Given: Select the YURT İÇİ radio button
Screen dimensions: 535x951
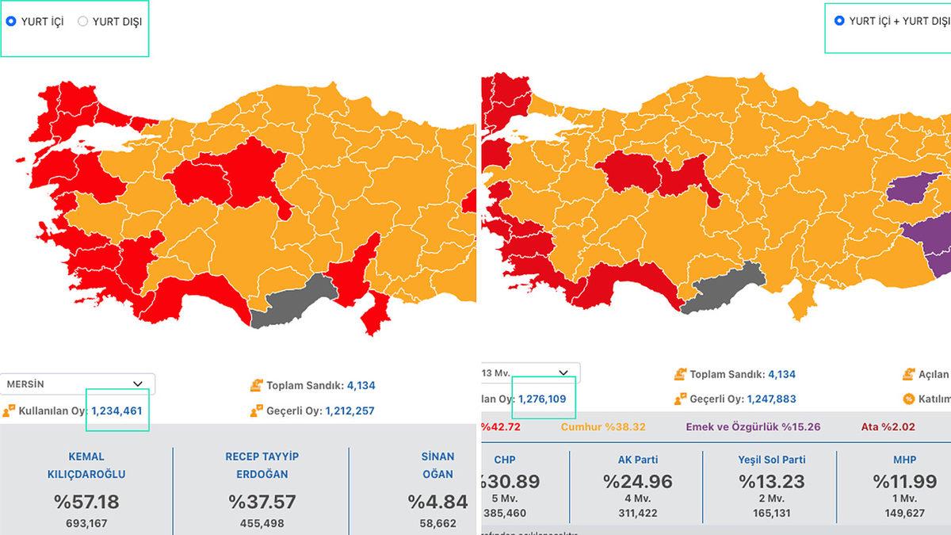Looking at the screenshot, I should (x=11, y=21).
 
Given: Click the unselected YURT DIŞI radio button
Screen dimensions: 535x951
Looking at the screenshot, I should (x=82, y=21).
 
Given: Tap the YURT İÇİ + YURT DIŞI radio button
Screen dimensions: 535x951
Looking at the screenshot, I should (x=839, y=21).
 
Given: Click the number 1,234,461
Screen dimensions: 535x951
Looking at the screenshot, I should (x=116, y=411).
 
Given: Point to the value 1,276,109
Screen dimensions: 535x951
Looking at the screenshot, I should (x=542, y=399).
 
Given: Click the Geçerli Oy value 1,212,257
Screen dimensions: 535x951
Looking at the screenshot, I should (x=349, y=411).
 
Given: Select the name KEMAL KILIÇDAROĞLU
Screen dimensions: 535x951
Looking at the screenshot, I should (x=86, y=465).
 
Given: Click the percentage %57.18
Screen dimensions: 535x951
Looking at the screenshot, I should (x=86, y=502).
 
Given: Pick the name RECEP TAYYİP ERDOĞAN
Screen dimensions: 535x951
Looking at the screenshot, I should (x=262, y=465).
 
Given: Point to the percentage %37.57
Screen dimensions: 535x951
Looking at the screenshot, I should (x=262, y=502).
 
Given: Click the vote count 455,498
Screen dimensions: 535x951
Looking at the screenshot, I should (x=262, y=523).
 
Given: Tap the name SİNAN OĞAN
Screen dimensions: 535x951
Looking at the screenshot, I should (x=437, y=465).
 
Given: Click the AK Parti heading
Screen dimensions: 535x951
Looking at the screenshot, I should (x=638, y=460).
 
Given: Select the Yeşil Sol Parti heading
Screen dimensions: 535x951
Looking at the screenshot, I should (x=771, y=460).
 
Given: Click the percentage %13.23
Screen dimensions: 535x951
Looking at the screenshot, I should (x=771, y=481).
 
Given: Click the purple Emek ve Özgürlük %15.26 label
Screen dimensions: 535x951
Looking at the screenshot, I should (x=753, y=426).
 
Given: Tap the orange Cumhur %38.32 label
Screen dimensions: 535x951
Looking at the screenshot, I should (x=603, y=426).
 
